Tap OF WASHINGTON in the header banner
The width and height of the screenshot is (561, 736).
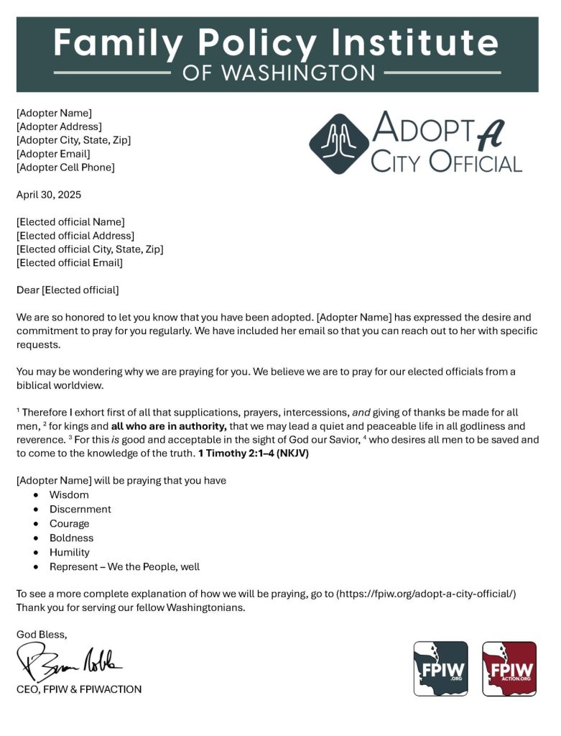(279, 73)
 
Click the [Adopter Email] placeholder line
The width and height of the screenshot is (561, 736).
(53, 154)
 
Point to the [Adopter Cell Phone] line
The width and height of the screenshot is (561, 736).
(65, 167)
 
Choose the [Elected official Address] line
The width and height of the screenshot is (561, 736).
(75, 236)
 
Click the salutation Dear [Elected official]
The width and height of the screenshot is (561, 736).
(68, 290)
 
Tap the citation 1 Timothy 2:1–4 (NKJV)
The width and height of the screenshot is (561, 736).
(254, 454)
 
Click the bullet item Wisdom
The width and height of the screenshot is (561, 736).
(69, 495)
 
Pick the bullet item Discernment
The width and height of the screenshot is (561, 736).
(80, 510)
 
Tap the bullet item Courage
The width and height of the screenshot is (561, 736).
(69, 524)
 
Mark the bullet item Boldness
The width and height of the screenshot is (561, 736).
(71, 538)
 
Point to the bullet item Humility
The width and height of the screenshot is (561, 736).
(69, 553)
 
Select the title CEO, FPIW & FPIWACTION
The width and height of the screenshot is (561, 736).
(79, 689)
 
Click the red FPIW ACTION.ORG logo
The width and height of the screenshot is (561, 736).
(509, 668)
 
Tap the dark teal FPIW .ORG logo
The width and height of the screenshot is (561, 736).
(440, 668)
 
